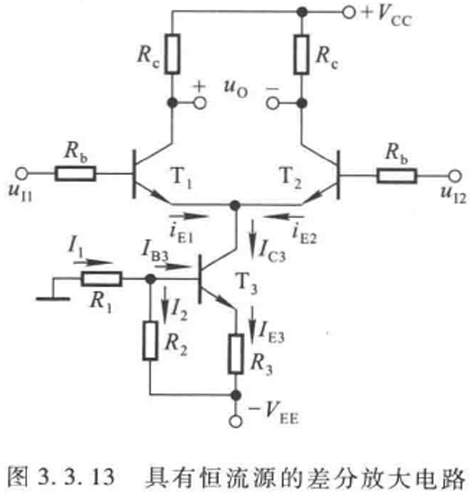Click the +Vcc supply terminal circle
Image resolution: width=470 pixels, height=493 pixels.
349,12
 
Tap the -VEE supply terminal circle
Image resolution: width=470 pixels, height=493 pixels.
235,421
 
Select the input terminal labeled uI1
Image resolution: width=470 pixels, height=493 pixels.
21,173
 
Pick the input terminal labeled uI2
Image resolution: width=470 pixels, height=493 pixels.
454,176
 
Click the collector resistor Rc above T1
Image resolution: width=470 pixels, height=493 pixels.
172,54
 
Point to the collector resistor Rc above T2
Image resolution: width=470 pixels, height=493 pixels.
301,54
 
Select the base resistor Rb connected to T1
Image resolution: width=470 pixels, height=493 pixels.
75,174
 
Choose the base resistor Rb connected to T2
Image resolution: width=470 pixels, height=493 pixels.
397,176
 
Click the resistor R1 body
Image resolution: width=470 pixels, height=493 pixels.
102,279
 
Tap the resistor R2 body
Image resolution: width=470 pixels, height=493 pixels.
150,340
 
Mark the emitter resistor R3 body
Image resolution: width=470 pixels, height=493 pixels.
235,354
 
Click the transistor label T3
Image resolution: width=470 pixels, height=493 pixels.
247,284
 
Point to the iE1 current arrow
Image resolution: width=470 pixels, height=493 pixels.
189,216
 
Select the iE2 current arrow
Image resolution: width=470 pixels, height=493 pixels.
284,216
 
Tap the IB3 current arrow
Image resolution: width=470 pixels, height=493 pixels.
171,267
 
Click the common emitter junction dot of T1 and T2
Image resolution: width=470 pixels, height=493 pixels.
235,205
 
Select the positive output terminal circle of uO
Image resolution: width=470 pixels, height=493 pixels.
200,103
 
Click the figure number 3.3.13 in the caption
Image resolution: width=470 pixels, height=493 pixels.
76,477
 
